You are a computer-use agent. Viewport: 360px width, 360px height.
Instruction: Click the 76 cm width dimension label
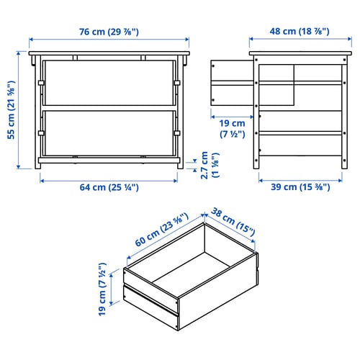109,32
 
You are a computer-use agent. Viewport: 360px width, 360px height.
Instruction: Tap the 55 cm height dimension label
12,110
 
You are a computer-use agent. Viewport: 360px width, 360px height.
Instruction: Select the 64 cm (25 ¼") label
109,187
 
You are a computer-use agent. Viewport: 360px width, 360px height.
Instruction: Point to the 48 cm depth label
300,31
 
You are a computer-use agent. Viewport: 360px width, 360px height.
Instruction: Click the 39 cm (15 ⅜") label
300,186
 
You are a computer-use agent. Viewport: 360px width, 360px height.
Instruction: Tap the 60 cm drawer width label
161,230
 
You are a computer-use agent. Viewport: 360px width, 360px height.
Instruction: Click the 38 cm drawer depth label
233,222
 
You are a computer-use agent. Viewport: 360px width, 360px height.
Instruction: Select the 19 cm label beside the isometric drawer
102,289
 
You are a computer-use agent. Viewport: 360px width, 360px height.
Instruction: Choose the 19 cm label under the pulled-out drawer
233,129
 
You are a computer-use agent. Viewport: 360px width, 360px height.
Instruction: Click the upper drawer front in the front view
109,83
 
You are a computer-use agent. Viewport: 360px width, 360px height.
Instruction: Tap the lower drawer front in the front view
109,133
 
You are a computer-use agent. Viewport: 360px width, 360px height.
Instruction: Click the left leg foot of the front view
37,166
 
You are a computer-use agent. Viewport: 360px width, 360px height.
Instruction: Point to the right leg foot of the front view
181,166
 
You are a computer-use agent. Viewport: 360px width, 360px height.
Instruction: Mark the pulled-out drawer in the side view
252,83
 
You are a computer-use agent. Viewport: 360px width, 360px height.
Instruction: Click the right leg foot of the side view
344,166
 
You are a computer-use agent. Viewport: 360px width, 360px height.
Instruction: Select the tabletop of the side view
300,53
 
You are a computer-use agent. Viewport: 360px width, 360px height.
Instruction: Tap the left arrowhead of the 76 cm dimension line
31,40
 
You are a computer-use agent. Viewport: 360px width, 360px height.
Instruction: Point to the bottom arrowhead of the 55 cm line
19,167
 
